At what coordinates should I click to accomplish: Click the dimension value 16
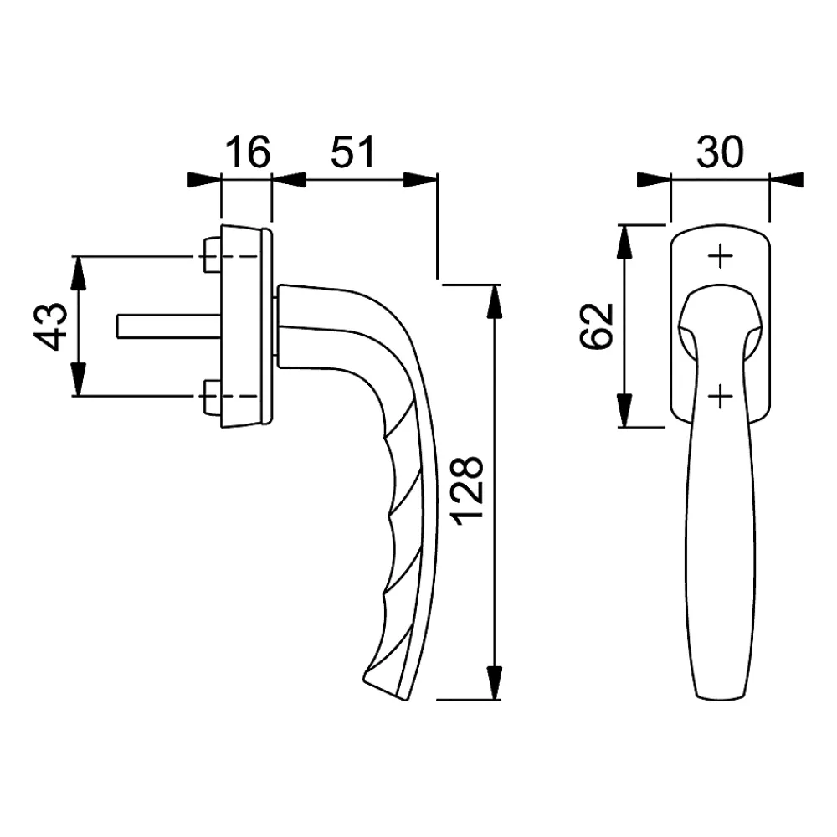point(248,151)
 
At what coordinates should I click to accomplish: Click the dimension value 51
point(353,151)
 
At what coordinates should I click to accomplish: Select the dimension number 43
point(52,326)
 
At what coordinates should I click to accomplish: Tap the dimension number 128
point(467,490)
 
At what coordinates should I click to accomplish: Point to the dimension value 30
point(720,151)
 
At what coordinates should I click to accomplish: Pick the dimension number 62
point(596,326)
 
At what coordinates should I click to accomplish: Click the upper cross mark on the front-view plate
point(720,256)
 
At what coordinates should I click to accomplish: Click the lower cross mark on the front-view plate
point(720,396)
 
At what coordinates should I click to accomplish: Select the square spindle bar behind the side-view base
point(169,326)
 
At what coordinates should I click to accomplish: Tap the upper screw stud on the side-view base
point(212,256)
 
